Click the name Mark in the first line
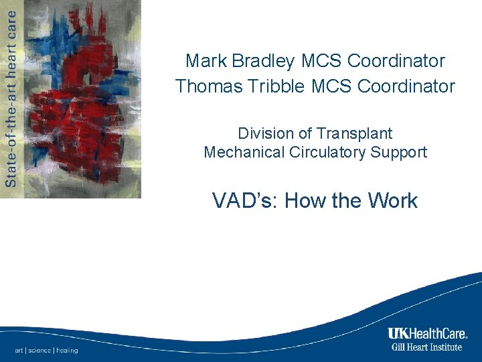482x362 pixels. [x=207, y=61]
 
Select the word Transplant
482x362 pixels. [x=354, y=133]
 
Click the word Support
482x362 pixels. [x=398, y=152]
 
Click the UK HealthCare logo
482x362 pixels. [x=427, y=334]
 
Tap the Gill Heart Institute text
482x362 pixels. [x=427, y=347]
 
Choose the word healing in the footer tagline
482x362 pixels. [x=67, y=350]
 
